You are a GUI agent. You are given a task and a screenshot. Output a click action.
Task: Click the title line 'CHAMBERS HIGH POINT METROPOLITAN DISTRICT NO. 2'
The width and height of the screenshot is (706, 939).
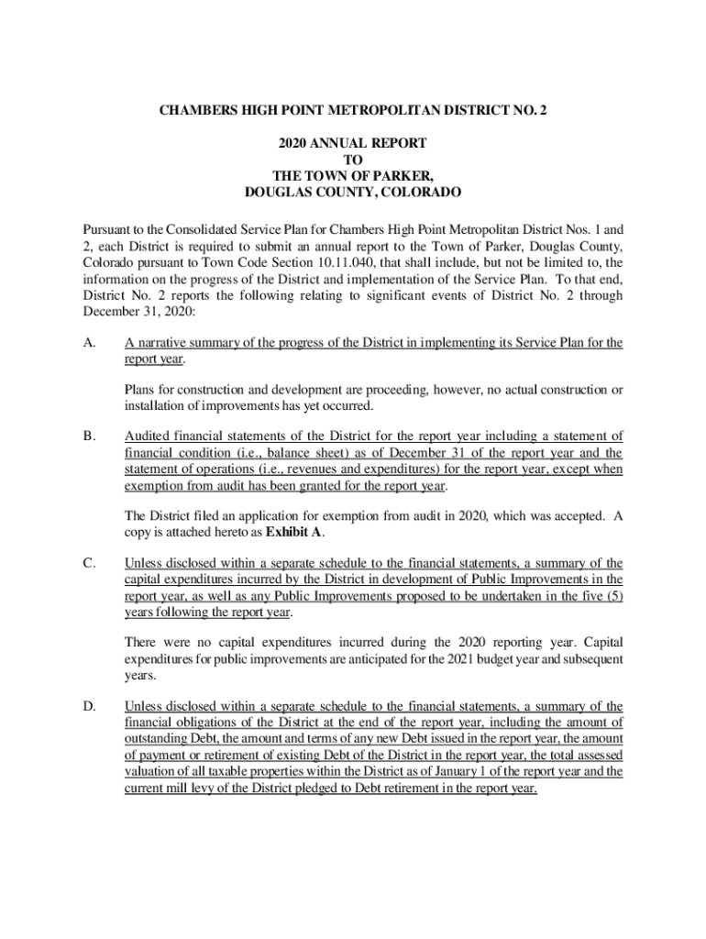(353, 111)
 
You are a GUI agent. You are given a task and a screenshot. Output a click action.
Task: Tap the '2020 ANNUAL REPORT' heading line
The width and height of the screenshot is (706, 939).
(353, 144)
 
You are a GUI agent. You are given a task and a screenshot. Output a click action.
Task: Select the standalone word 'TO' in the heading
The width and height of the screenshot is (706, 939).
(353, 160)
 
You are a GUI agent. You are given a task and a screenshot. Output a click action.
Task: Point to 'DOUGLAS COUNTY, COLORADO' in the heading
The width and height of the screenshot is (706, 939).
(353, 193)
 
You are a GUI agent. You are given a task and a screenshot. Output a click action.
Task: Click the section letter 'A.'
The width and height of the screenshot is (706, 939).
(89, 343)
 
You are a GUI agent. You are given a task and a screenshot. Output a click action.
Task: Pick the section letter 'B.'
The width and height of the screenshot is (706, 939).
(89, 436)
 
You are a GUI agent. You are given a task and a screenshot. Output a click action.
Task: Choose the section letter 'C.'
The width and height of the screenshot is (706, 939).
(89, 563)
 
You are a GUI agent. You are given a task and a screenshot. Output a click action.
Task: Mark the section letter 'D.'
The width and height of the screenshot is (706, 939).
(89, 706)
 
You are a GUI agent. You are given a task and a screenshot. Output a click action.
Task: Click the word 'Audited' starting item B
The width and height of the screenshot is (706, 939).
(148, 436)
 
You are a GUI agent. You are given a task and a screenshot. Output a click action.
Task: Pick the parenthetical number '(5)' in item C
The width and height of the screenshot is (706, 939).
(613, 596)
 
